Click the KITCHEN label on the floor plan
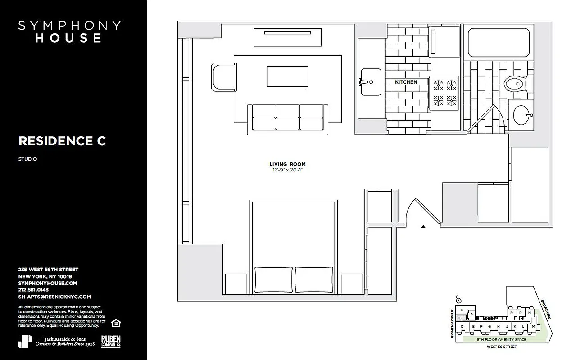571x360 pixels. click(406, 82)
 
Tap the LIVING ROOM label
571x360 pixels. click(287, 164)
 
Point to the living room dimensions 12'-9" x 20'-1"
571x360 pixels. click(287, 170)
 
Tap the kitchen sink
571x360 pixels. click(370, 82)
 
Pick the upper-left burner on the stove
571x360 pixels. click(438, 84)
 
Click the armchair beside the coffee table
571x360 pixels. click(223, 76)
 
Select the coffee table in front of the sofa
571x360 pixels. click(287, 76)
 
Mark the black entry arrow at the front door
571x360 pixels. click(423, 227)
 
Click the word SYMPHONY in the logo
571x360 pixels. click(69, 26)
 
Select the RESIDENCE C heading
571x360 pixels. click(62, 141)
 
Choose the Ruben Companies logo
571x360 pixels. click(111, 342)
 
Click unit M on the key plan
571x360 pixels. click(533, 326)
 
